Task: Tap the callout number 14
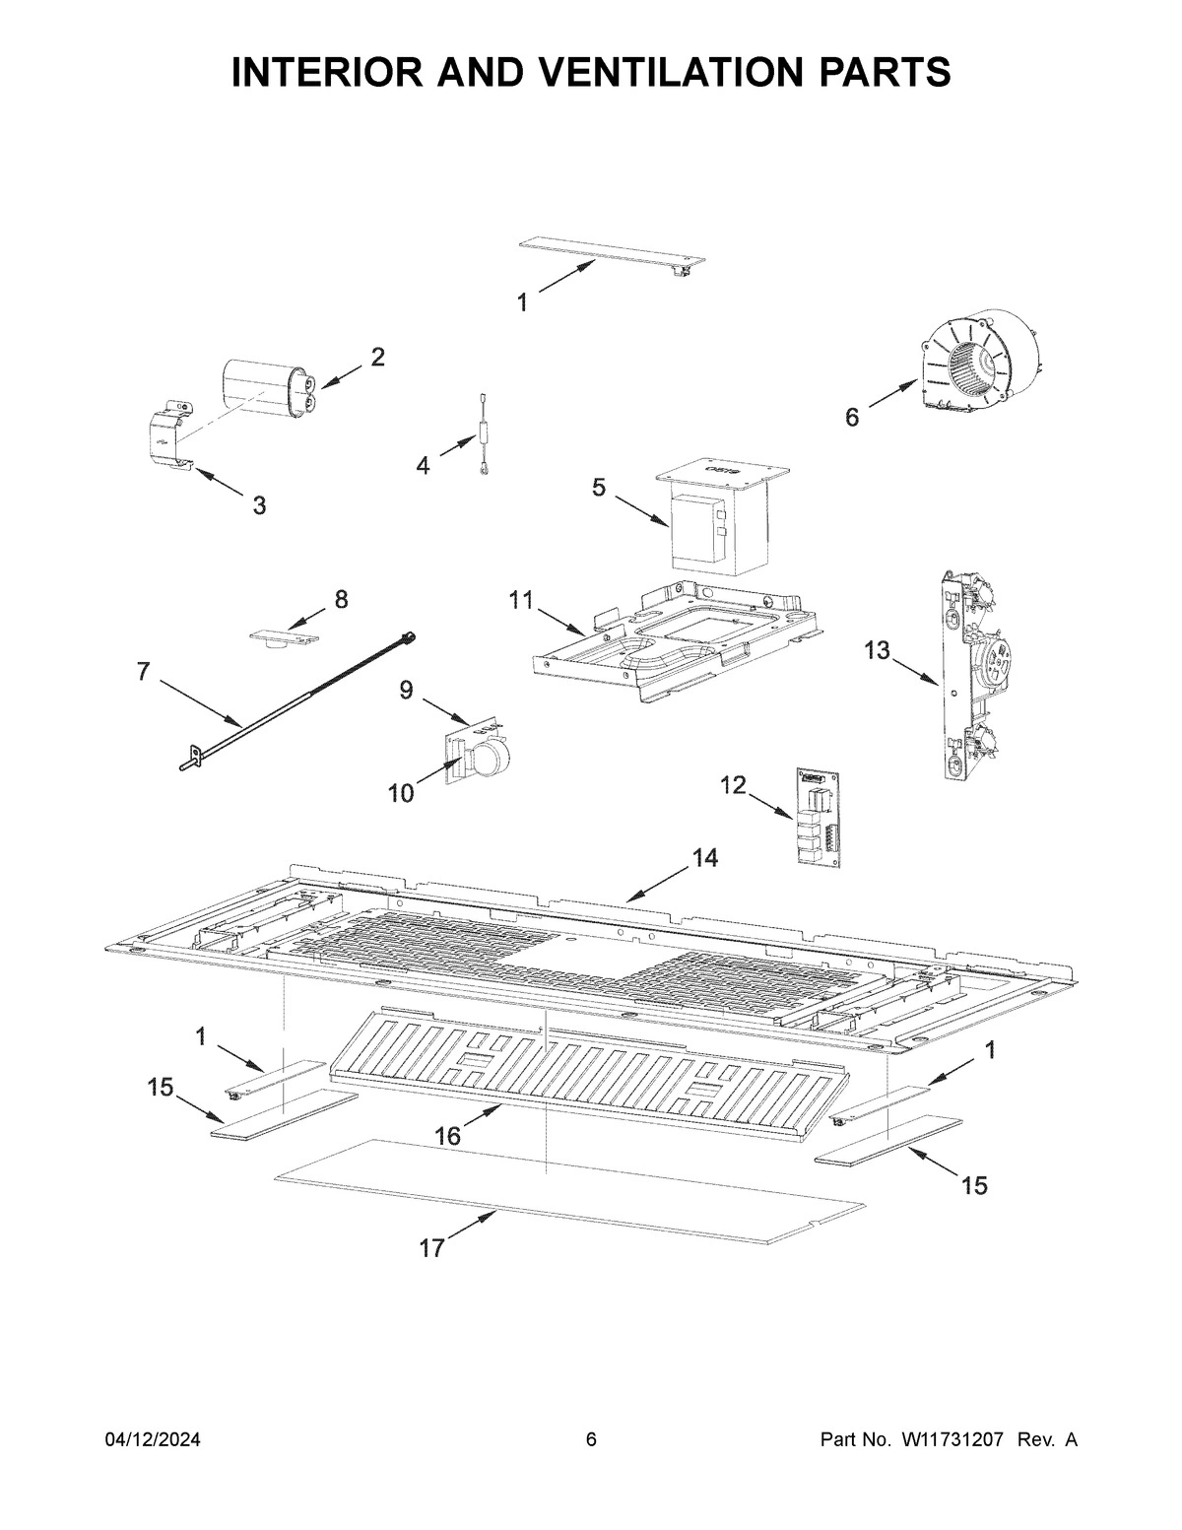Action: (703, 858)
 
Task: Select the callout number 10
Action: (400, 792)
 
